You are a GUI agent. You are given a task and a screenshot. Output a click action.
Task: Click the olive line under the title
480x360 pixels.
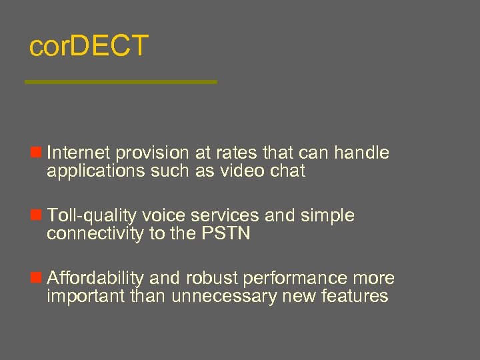(121, 82)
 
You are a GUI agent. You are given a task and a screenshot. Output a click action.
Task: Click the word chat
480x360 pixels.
(288, 171)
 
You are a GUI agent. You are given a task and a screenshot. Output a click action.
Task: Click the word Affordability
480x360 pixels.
(95, 278)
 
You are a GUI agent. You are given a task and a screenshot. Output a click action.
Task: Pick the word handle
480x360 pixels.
(362, 153)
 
